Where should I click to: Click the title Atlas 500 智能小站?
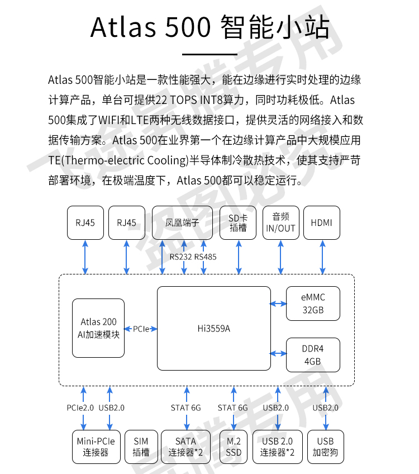pos(209,26)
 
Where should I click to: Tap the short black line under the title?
pos(209,54)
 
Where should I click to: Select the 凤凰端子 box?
pos(183,222)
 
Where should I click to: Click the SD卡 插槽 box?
pos(238,222)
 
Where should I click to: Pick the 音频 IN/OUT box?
pos(280,222)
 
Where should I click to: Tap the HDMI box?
pos(321,222)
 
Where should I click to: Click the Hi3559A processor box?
pos(214,328)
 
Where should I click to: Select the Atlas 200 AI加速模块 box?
pos(98,328)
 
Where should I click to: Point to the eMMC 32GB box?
pos(313,304)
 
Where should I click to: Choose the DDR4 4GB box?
pos(313,354)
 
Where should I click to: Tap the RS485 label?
pos(205,257)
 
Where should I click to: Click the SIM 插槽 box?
pos(141,447)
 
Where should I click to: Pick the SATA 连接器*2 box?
pos(186,447)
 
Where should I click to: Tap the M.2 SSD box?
pos(234,447)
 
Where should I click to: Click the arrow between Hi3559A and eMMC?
pos(278,304)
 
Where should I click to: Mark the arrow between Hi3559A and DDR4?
pos(278,353)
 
